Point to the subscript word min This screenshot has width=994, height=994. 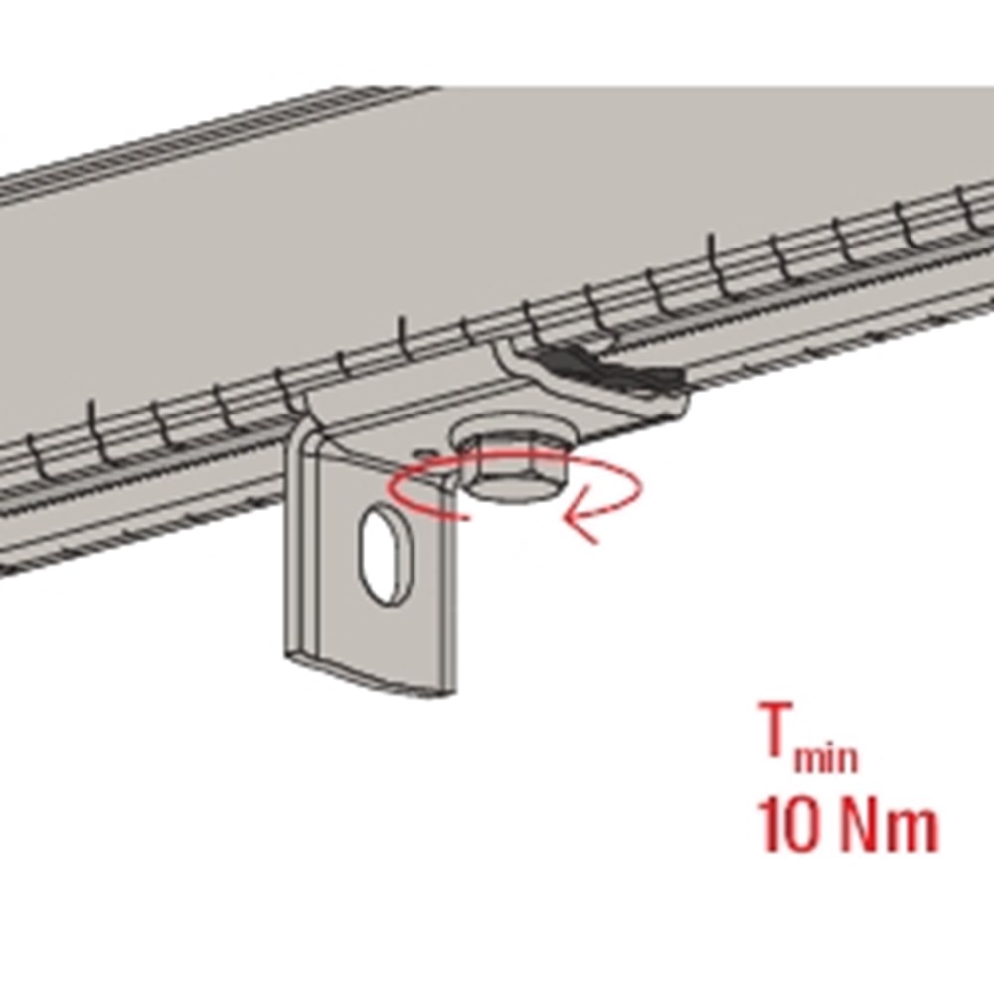click(827, 757)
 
